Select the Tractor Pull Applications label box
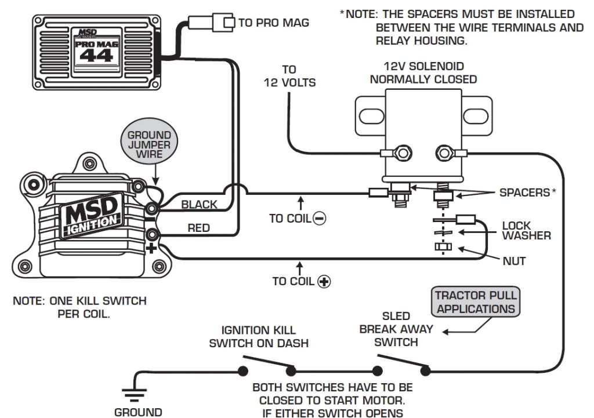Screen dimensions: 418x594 coord(476,301)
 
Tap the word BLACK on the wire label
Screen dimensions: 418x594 coord(199,204)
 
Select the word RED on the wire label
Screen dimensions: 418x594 coord(198,228)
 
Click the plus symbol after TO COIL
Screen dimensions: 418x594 coord(324,282)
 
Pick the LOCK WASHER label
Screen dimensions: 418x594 coord(526,230)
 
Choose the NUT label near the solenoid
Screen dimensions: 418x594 coord(513,261)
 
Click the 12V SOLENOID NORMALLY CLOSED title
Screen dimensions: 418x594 coord(423,73)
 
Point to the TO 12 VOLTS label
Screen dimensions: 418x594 coord(289,76)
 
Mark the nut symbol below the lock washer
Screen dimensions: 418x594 coord(442,248)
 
